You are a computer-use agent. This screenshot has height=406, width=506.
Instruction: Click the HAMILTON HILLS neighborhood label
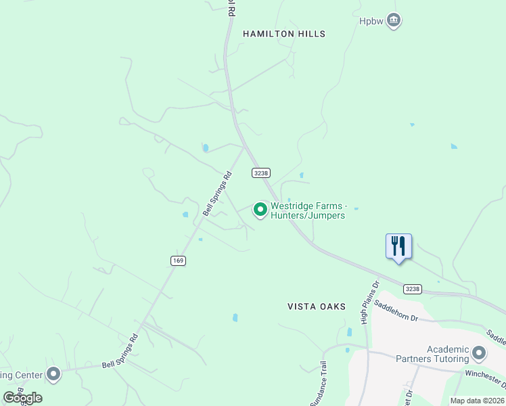click(x=284, y=34)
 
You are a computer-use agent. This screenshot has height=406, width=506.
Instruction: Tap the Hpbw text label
click(x=371, y=20)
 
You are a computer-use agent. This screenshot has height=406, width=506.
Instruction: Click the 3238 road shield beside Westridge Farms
click(x=261, y=173)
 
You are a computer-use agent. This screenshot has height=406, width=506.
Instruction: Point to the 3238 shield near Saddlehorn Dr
click(x=413, y=289)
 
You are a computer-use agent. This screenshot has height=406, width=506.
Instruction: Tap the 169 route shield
click(x=178, y=261)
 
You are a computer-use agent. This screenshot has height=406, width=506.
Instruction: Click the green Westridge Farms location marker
click(x=260, y=210)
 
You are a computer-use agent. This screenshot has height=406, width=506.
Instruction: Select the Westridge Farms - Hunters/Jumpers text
click(x=308, y=210)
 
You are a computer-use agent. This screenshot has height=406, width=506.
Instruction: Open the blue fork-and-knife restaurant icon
click(x=398, y=246)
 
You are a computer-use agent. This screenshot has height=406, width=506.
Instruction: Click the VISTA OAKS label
click(x=317, y=307)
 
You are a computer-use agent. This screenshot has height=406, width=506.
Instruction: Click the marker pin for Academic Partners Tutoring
click(x=480, y=353)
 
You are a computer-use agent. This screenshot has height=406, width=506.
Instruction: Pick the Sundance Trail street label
click(x=321, y=383)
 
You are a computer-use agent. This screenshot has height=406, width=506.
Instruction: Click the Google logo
click(x=22, y=398)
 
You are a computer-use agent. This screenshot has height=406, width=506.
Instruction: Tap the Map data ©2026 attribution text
click(x=478, y=401)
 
